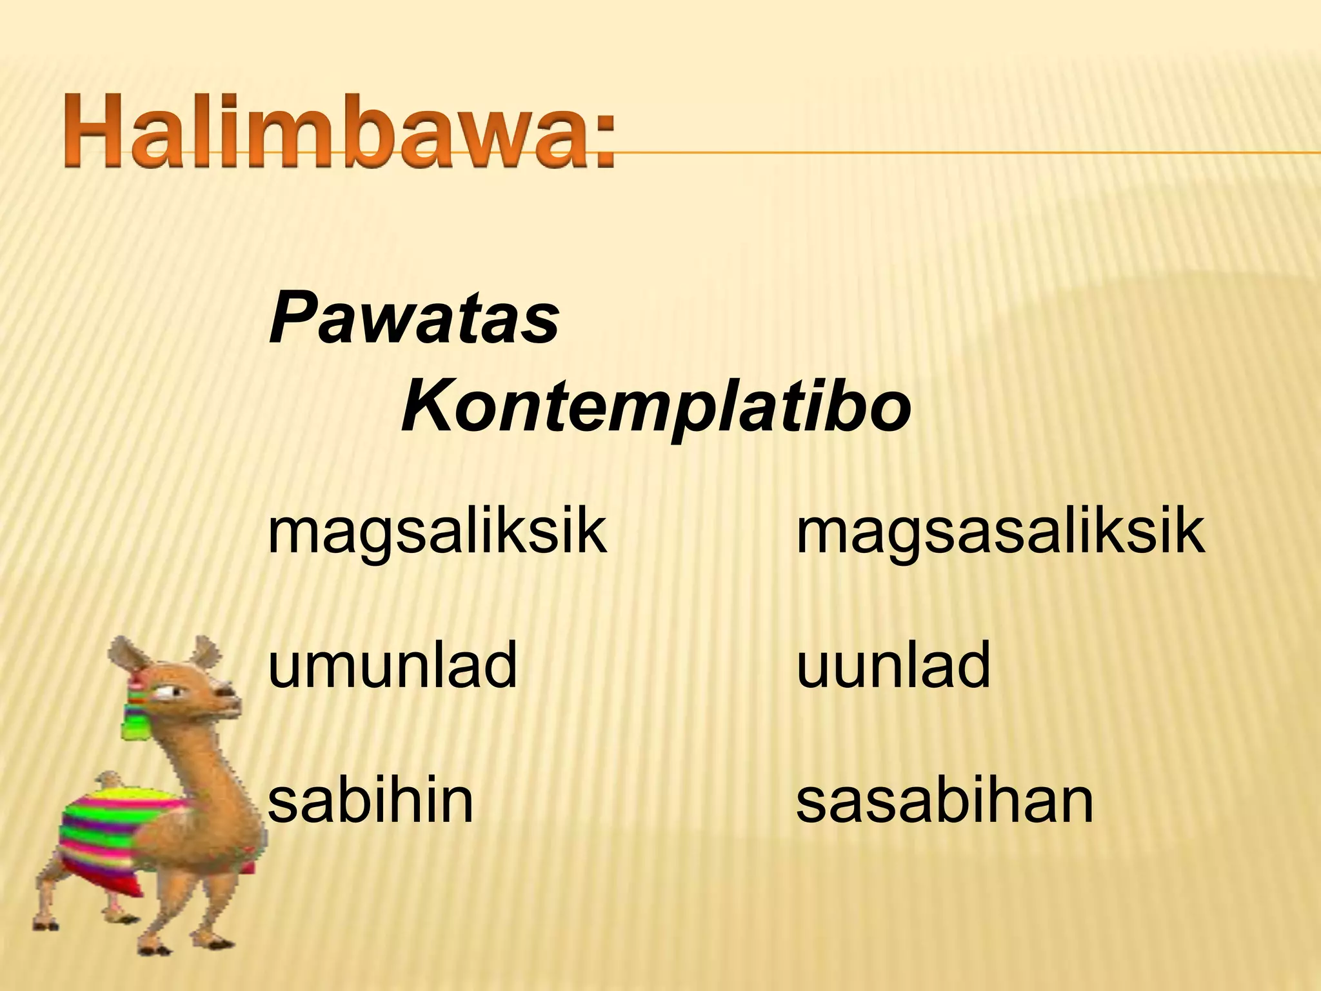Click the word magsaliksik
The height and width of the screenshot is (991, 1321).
tap(437, 534)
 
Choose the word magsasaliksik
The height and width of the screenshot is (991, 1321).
tap(1000, 534)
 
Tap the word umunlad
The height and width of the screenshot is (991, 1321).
tap(392, 665)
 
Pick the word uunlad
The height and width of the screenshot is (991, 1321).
tap(893, 665)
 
